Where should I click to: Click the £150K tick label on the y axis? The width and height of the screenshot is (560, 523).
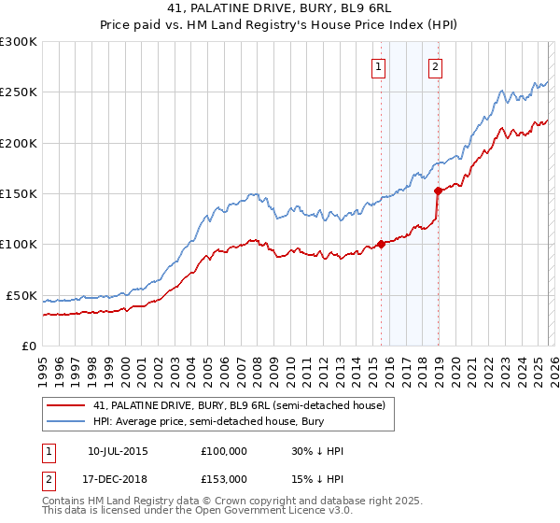coord(18,194)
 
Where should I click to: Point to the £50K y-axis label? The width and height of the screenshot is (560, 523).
coord(21,295)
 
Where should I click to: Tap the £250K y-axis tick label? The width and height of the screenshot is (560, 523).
coord(18,92)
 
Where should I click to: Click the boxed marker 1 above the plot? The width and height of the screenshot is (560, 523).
coord(379,66)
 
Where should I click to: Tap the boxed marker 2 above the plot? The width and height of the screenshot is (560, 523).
coord(436,66)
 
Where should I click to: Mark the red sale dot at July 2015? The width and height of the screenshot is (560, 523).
coord(381,245)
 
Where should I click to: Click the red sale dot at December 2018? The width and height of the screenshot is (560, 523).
coord(438,191)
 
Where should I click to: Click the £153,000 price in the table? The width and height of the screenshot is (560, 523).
coord(223,478)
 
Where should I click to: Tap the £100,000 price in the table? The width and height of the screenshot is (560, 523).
coord(223,451)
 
